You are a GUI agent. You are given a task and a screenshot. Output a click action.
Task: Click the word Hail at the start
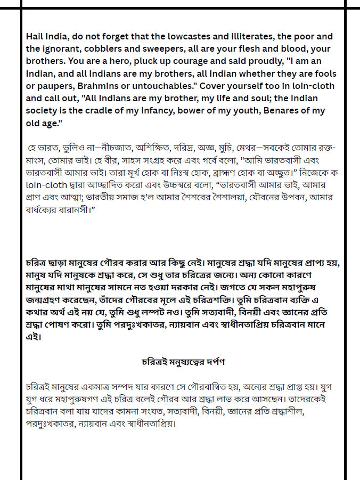pos(35,37)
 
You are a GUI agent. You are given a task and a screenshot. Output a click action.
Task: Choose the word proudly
pos(237,61)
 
